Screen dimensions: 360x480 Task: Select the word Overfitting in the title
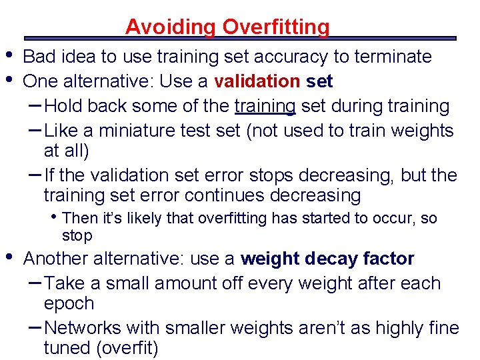tap(275, 27)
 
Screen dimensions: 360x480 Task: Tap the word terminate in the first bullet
tap(394, 57)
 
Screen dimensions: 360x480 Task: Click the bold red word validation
tap(257, 81)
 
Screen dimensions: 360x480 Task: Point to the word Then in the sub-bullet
tap(79, 218)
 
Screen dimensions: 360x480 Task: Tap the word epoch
tap(69, 303)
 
